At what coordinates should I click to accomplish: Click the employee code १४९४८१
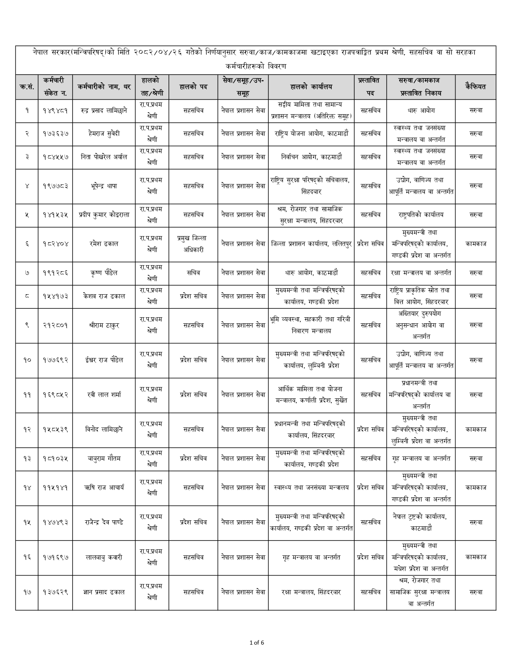pyautogui.click(x=55, y=111)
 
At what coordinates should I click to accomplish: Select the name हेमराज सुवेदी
pyautogui.click(x=104, y=134)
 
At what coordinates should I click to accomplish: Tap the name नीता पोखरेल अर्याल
pyautogui.click(x=104, y=157)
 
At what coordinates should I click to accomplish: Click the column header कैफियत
pyautogui.click(x=475, y=86)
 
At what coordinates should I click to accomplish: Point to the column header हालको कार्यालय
pyautogui.click(x=311, y=86)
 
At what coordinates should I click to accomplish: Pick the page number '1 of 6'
pyautogui.click(x=257, y=643)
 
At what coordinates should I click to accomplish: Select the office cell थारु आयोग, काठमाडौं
pyautogui.click(x=311, y=273)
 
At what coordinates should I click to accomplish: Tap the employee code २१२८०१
pyautogui.click(x=55, y=325)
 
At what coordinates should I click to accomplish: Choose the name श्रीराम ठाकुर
pyautogui.click(x=104, y=325)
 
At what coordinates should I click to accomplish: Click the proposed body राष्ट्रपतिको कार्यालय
pyautogui.click(x=420, y=215)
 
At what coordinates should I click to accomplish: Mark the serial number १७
pyautogui.click(x=27, y=593)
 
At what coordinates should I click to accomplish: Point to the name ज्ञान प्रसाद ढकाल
pyautogui.click(x=104, y=593)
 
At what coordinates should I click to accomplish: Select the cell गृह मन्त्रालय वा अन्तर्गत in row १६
pyautogui.click(x=311, y=557)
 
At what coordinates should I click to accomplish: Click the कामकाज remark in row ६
pyautogui.click(x=475, y=244)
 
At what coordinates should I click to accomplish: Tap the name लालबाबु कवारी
pyautogui.click(x=104, y=557)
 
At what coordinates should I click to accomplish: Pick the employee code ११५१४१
pyautogui.click(x=55, y=488)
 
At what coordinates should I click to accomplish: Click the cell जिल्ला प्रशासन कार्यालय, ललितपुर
pyautogui.click(x=311, y=244)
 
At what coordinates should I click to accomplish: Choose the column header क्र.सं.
pyautogui.click(x=27, y=86)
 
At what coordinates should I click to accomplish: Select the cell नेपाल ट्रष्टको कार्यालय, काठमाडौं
pyautogui.click(x=420, y=522)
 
